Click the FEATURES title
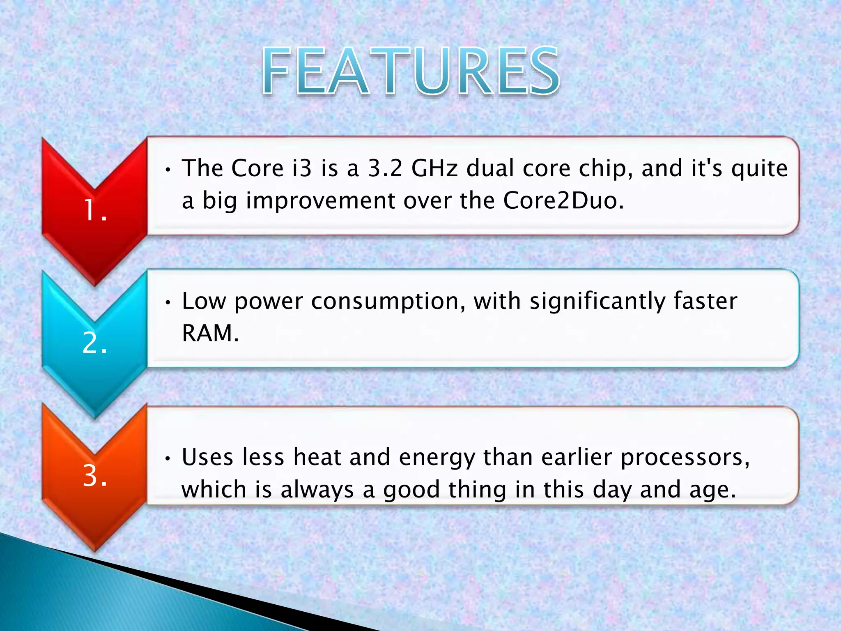411,71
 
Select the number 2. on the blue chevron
95,343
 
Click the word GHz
434,168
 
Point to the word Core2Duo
563,201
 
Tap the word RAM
210,333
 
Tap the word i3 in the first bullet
302,168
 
